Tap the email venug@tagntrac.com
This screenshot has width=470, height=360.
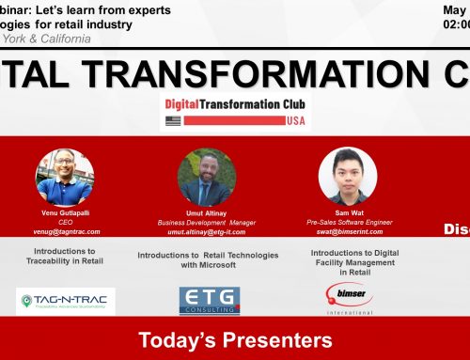tap(65, 230)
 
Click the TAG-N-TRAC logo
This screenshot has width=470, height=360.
tap(66, 301)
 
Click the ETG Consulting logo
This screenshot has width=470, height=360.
tap(209, 301)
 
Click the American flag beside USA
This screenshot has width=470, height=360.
tap(172, 120)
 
